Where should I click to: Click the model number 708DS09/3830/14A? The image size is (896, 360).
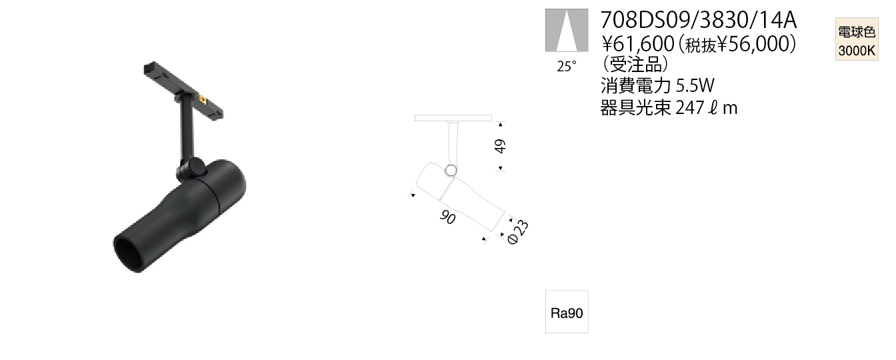(x=699, y=21)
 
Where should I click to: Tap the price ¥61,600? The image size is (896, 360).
(x=638, y=44)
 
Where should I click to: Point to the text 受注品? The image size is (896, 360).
(x=635, y=63)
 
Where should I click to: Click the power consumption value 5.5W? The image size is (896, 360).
(x=695, y=85)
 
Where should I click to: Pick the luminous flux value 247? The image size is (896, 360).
(x=689, y=107)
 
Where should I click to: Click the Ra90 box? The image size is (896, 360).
(x=567, y=312)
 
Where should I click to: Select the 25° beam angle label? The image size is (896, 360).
(x=567, y=67)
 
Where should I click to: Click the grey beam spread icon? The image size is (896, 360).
(x=567, y=31)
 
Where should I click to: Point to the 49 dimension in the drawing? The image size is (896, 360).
(x=500, y=146)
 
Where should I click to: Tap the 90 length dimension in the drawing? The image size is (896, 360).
(x=447, y=217)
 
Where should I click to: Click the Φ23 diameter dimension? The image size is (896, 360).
(x=518, y=232)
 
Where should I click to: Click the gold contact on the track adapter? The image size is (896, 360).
(x=203, y=98)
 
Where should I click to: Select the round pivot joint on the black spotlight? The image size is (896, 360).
(x=196, y=167)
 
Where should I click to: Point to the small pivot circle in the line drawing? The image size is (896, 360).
(x=451, y=170)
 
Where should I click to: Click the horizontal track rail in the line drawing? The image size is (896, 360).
(x=453, y=117)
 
